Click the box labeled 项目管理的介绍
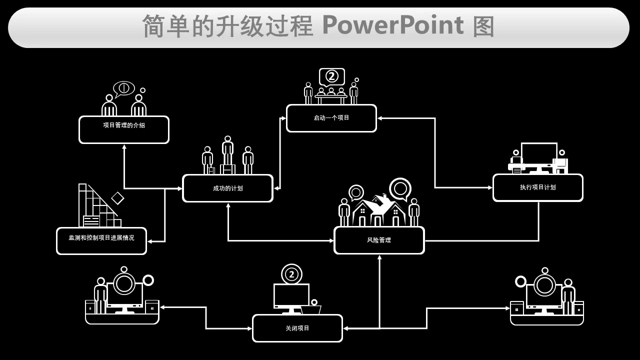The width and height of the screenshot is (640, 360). (124, 129)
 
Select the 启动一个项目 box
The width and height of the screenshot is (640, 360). (331, 118)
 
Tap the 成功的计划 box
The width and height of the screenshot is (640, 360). (227, 188)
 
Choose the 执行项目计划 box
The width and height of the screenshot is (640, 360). (537, 187)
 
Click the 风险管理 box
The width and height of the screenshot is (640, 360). (379, 240)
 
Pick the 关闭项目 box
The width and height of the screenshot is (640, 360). (297, 328)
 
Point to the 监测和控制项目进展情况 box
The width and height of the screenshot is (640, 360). (101, 241)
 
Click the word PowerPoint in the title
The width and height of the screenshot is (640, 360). (392, 25)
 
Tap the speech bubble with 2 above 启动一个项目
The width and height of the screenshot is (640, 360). (332, 76)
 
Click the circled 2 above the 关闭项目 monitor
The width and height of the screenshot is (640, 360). (291, 274)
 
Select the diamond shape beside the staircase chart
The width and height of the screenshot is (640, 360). (117, 198)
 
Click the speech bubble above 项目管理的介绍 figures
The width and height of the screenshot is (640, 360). (123, 88)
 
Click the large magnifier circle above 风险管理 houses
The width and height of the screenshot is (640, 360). (400, 188)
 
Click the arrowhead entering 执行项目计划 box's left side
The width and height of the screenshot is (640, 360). (490, 187)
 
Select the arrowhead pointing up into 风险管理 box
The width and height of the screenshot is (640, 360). (379, 257)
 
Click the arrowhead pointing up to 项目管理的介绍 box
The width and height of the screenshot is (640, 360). (124, 147)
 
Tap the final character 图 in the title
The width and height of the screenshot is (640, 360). (483, 26)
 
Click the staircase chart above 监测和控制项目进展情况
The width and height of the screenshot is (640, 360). (97, 207)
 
